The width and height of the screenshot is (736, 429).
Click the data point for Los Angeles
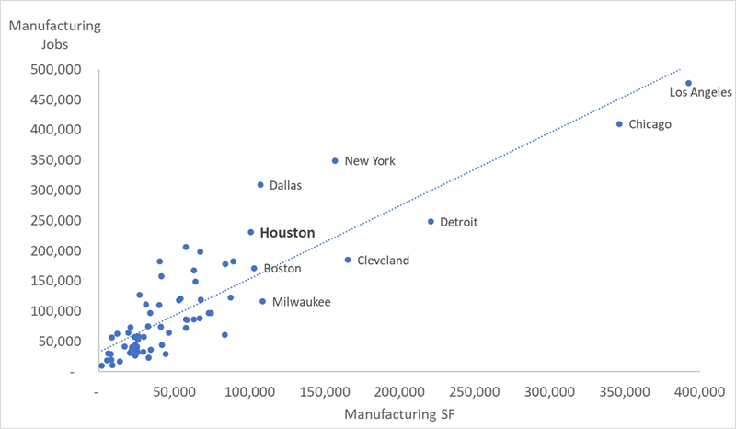click(x=688, y=83)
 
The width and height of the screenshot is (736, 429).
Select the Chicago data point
click(x=619, y=124)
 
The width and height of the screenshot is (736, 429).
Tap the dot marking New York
click(x=335, y=161)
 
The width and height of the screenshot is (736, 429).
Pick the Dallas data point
click(x=260, y=185)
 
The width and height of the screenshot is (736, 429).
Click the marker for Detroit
click(x=431, y=222)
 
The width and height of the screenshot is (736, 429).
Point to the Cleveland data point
click(x=348, y=261)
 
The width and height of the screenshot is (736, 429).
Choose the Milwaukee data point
click(x=262, y=301)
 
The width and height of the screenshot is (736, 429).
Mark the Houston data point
click(x=250, y=233)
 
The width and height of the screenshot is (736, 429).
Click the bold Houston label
click(x=287, y=234)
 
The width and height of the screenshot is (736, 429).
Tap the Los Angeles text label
click(x=700, y=92)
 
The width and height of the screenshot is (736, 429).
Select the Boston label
click(x=282, y=269)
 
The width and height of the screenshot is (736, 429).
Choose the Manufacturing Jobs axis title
click(x=55, y=33)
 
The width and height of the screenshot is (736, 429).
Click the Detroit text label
click(x=459, y=222)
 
